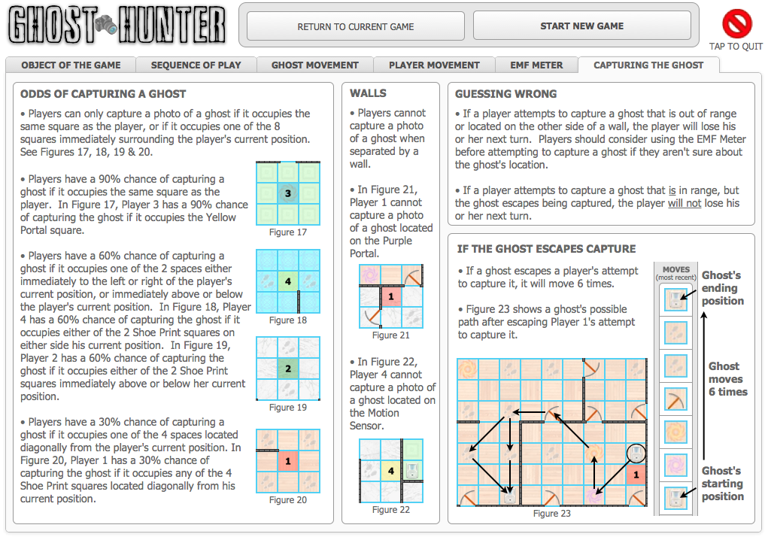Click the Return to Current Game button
356,26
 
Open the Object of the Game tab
71,65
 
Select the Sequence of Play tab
196,65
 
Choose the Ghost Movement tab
315,65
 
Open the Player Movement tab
434,65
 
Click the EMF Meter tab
536,65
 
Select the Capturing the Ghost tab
648,65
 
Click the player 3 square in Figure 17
287,194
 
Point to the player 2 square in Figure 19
287,369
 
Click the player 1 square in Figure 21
390,296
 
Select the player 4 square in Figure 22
390,472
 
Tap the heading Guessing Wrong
506,94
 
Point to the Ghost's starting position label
722,484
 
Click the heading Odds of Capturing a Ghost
103,94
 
